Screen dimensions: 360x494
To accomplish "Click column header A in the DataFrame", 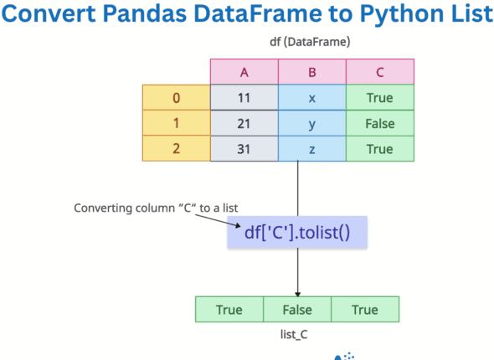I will click(244, 72).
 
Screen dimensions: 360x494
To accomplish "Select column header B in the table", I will click(311, 72).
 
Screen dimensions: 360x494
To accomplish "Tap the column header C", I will click(379, 72).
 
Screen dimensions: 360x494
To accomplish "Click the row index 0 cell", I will click(176, 98).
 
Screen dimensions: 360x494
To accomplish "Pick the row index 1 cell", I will click(176, 123).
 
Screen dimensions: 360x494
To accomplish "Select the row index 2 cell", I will click(176, 148).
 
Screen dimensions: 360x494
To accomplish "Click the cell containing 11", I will click(244, 98).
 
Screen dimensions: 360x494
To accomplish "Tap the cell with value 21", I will click(244, 123).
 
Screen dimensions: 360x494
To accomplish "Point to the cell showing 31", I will click(244, 148).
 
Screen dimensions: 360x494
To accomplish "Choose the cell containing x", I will click(311, 98).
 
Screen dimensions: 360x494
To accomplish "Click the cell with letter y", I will click(311, 123).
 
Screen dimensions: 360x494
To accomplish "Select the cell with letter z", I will click(311, 148).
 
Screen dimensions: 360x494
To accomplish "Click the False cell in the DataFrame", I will click(379, 123).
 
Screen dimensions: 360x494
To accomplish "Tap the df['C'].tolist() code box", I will click(296, 231).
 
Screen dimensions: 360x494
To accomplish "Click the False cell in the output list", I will click(296, 309).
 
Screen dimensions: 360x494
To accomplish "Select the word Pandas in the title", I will click(160, 16).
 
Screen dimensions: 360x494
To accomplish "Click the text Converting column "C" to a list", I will click(146, 207).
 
